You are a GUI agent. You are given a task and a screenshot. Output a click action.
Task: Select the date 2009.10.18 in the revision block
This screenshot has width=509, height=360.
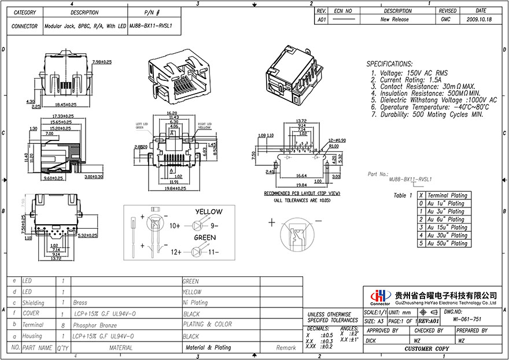pos(480,19)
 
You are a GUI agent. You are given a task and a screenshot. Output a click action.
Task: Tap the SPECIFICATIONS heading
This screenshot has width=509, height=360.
pos(390,64)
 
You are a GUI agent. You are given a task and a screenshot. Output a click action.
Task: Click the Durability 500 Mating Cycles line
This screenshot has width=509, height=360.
pos(431,114)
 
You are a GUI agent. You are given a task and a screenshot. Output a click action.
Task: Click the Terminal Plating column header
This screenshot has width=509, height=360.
pos(447,196)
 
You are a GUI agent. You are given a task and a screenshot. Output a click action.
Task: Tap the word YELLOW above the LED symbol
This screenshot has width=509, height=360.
pos(208,212)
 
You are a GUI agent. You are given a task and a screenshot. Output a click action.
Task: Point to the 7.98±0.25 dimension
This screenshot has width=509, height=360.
pos(103,61)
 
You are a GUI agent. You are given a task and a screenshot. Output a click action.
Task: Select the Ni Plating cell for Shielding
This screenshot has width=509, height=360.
pos(195,302)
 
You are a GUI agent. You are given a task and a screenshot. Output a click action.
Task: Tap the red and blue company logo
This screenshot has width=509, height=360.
pos(379,295)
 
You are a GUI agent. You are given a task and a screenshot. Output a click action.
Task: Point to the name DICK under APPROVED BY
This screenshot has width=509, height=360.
pos(371,341)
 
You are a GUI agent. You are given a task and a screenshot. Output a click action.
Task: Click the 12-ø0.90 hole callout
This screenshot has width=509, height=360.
pos(338,140)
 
